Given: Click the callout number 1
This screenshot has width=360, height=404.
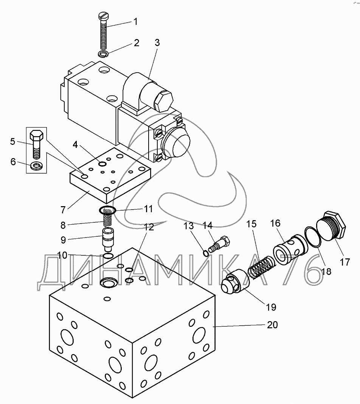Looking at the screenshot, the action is (x=136, y=22).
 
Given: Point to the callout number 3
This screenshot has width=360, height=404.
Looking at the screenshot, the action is (x=157, y=42).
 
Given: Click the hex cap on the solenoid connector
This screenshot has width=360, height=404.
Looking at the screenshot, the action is (x=163, y=101).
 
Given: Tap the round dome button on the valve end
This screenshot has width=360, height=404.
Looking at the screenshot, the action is (x=177, y=143).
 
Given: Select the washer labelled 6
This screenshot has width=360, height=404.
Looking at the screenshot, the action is (x=36, y=166).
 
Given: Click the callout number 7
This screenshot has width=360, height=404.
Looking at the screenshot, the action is (x=63, y=210).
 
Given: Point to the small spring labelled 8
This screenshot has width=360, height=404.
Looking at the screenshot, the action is (x=107, y=219).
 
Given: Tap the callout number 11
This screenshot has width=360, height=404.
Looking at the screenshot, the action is (x=148, y=208).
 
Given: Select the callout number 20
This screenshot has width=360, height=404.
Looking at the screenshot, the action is (x=272, y=325).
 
